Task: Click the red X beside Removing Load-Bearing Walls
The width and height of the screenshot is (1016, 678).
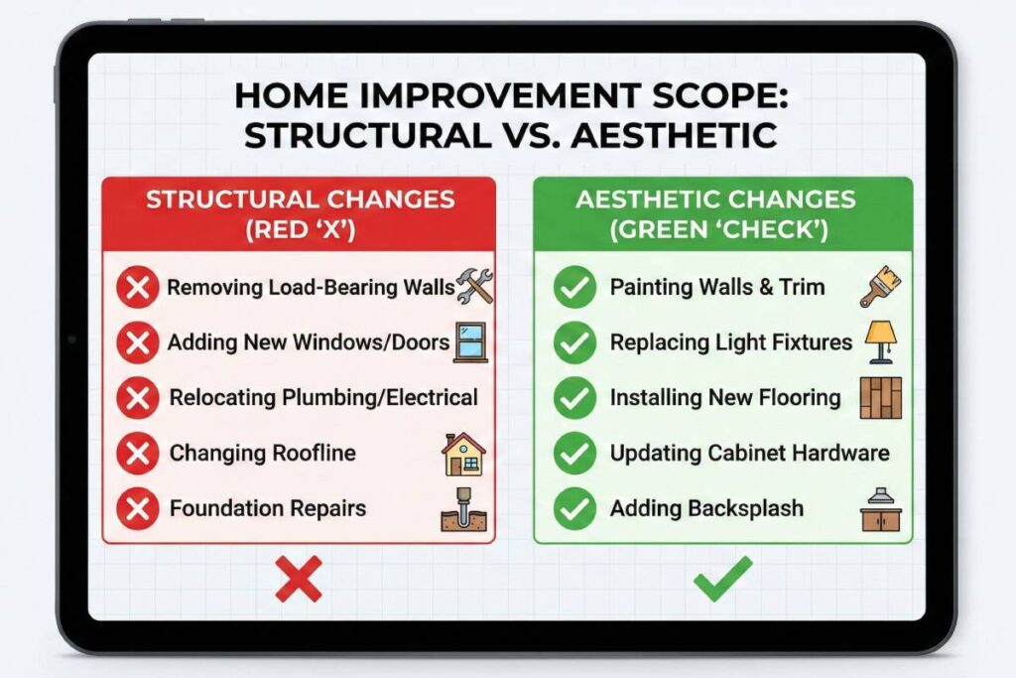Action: pos(137,289)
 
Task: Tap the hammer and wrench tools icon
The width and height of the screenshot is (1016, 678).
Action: pos(473,287)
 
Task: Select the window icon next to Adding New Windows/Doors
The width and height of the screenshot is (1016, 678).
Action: pos(469,340)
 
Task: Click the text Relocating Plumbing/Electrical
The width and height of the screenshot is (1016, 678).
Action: pos(323,398)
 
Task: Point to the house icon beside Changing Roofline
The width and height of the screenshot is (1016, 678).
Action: pos(463,454)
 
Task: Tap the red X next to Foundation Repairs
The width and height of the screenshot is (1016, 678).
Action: pos(137,509)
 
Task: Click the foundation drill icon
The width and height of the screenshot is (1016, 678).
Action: pos(463,508)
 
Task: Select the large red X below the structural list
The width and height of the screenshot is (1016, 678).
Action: pos(298,579)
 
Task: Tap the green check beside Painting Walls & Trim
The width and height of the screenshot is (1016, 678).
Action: pos(573,288)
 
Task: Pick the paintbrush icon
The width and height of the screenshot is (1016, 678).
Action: pos(880,286)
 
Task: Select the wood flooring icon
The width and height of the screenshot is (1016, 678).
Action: pos(880,397)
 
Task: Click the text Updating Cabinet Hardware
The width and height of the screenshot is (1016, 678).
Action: pos(749,454)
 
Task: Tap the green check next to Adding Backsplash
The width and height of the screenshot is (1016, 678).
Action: pos(573,509)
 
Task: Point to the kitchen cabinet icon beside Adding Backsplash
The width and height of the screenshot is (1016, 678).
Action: pos(880,510)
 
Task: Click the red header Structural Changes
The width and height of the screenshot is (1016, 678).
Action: pos(299,211)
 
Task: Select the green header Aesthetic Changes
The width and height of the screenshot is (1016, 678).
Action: pos(723,211)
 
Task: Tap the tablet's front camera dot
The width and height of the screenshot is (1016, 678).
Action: pos(71,339)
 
